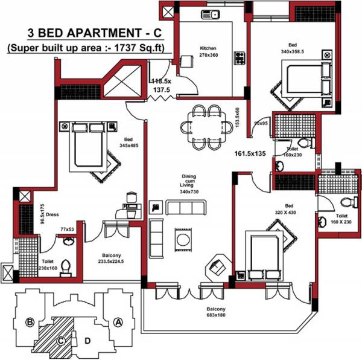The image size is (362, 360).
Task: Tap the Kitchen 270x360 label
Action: tap(208, 52)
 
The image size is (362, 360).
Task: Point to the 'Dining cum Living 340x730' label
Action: tap(189, 184)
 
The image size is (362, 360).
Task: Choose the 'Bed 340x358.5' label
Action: tap(292, 48)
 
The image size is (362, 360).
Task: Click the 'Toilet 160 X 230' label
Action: tap(341, 219)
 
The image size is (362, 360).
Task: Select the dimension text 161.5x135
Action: tap(251, 153)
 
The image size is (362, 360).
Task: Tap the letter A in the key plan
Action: tap(119, 321)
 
